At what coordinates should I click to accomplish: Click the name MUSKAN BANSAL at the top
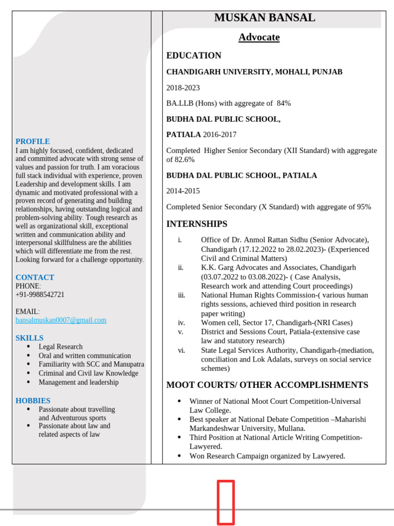pyautogui.click(x=264, y=18)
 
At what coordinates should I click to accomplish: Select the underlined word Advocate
pyautogui.click(x=259, y=37)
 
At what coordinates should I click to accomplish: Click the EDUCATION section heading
pyautogui.click(x=193, y=55)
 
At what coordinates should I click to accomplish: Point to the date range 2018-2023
pyautogui.click(x=183, y=88)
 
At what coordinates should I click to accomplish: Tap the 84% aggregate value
pyautogui.click(x=284, y=103)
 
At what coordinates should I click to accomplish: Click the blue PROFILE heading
pyautogui.click(x=32, y=141)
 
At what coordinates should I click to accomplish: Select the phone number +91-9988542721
pyautogui.click(x=40, y=295)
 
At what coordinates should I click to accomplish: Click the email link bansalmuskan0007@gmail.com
pyautogui.click(x=61, y=320)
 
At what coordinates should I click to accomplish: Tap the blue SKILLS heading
pyautogui.click(x=29, y=338)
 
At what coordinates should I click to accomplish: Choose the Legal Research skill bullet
pyautogui.click(x=61, y=347)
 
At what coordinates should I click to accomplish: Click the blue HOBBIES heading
pyautogui.click(x=33, y=401)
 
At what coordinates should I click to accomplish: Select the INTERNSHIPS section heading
pyautogui.click(x=196, y=224)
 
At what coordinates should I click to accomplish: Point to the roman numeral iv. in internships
pyautogui.click(x=181, y=323)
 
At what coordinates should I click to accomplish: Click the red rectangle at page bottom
pyautogui.click(x=226, y=502)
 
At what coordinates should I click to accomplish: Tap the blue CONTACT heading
pyautogui.click(x=34, y=277)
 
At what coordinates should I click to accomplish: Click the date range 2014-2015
pyautogui.click(x=183, y=191)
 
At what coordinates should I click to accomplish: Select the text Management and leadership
pyautogui.click(x=78, y=382)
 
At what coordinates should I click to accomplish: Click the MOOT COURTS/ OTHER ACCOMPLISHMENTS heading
pyautogui.click(x=267, y=385)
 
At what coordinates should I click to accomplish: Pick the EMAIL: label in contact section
pyautogui.click(x=27, y=312)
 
